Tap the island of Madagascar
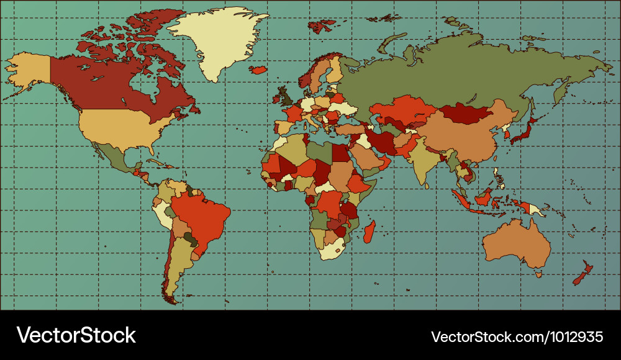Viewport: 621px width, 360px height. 369,232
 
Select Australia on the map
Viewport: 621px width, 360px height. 515,242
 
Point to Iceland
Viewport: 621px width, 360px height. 258,70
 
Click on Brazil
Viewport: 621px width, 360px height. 199,214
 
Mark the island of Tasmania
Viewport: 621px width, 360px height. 538,274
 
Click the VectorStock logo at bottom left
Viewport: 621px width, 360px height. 76,336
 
